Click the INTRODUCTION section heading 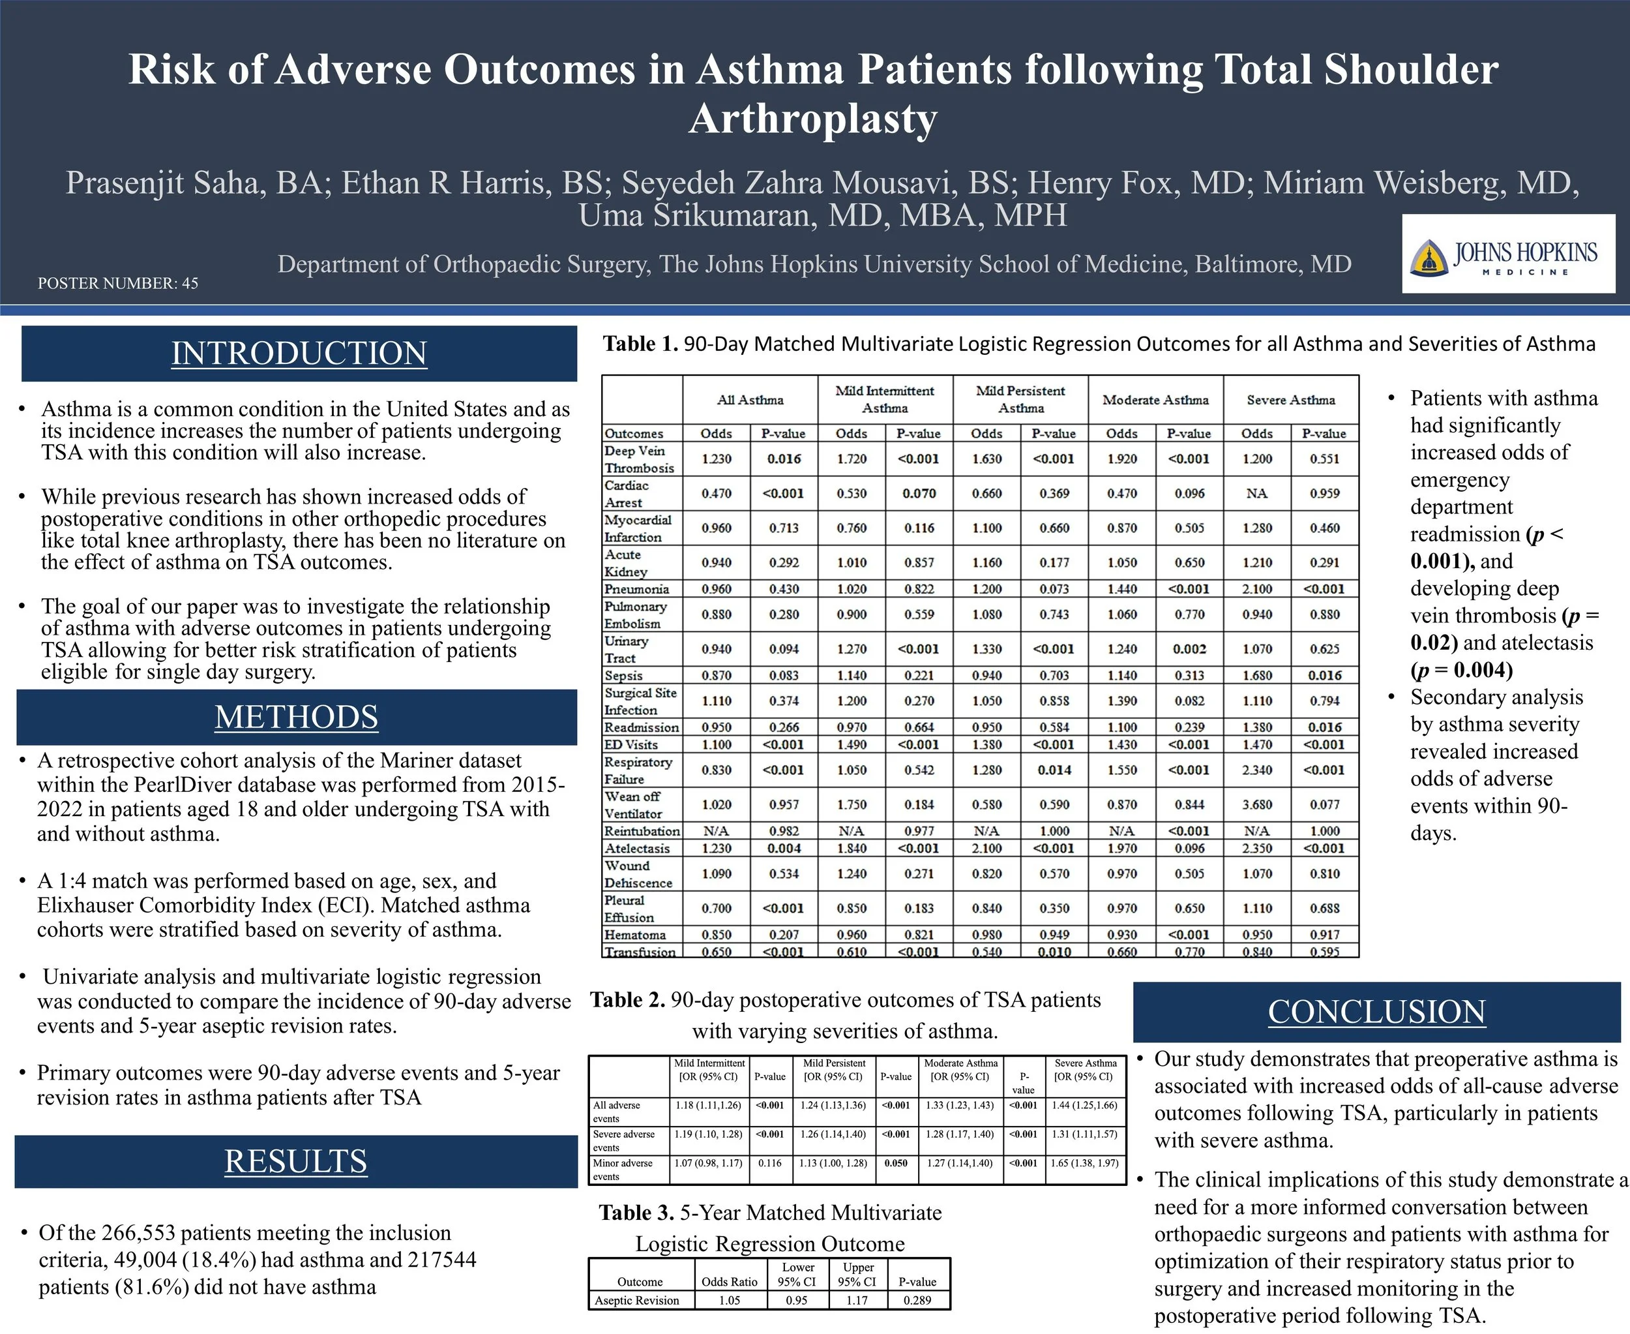[299, 354]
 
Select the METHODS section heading [297, 717]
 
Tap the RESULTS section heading [296, 1161]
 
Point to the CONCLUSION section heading [1376, 1012]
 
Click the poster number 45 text [117, 284]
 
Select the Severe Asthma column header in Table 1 [1290, 401]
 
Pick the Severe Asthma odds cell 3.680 [1256, 804]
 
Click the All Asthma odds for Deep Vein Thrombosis [716, 459]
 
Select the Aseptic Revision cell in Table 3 [637, 1301]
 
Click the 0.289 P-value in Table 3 [917, 1301]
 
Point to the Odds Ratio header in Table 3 [729, 1282]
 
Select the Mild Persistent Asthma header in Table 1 [1020, 400]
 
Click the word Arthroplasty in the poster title [814, 119]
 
